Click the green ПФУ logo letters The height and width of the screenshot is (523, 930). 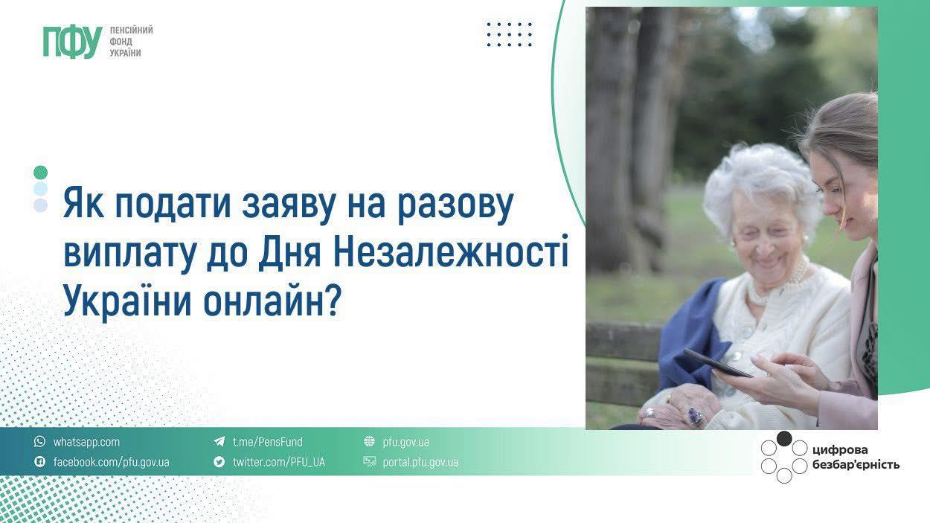73,42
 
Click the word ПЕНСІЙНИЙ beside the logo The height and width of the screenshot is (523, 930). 131,31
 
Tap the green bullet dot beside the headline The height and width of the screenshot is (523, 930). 41,173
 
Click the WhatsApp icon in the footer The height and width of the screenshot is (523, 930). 39,441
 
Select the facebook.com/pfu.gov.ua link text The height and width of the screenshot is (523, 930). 112,462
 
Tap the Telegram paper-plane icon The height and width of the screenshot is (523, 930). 219,441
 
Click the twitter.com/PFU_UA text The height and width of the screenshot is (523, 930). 278,462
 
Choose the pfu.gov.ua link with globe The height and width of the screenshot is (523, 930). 405,442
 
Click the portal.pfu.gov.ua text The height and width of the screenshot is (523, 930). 420,462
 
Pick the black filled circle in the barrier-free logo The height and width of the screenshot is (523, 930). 784,439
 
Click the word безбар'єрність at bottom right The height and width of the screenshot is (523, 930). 856,465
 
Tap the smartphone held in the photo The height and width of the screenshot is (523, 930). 718,363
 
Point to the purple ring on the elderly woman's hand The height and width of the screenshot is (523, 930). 695,415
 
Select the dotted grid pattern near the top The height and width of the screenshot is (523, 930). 510,34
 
